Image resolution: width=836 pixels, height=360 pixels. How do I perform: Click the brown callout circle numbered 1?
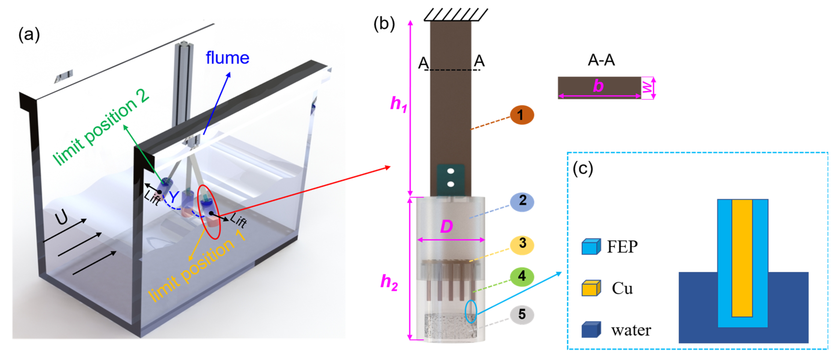(522, 115)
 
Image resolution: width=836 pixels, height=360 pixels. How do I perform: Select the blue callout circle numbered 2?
(522, 201)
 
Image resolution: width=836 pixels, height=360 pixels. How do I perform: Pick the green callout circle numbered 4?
(522, 276)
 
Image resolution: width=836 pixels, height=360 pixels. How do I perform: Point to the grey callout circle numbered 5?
(522, 314)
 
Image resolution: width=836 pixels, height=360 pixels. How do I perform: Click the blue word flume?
(227, 58)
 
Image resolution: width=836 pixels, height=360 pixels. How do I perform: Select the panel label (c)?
(583, 169)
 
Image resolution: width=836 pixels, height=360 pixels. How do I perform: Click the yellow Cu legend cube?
(591, 288)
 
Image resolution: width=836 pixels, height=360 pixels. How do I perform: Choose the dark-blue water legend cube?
(591, 330)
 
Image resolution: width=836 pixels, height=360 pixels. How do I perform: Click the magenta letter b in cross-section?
(598, 86)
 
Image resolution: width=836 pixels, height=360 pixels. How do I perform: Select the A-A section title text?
(601, 60)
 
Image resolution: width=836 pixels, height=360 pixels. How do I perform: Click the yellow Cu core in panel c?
(742, 258)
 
